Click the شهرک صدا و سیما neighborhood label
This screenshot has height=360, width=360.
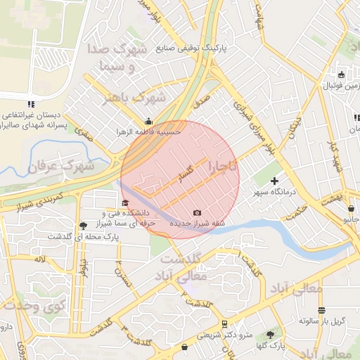pos(116,58)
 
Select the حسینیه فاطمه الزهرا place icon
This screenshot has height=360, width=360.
pos(148,120)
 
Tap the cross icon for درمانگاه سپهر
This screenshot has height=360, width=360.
pos(274,181)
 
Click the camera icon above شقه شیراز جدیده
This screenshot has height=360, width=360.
pos(197,212)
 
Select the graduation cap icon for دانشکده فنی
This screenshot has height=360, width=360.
pos(115,203)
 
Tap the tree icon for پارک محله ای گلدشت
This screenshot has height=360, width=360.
pos(84,226)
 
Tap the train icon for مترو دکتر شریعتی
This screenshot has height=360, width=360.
pos(224,324)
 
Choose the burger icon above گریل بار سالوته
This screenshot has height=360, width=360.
pos(321,310)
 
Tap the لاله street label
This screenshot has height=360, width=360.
pos(39,260)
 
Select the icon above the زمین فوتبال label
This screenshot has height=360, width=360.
pos(342,75)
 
